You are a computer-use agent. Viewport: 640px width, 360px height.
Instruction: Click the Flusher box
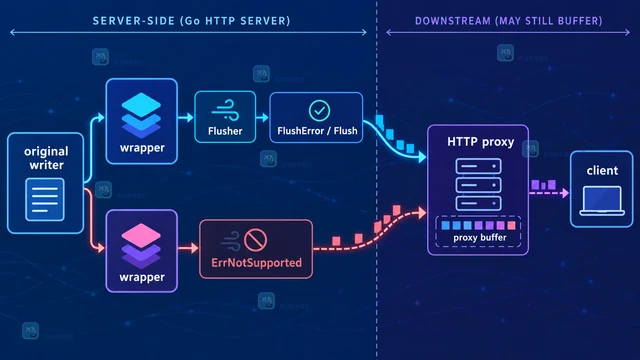click(225, 117)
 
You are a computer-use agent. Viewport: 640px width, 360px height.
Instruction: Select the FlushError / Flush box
click(316, 118)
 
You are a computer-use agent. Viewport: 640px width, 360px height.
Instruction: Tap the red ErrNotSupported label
click(256, 262)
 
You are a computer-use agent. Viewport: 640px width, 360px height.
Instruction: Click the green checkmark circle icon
click(319, 111)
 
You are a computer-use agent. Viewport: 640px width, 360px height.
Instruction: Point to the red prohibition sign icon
click(256, 240)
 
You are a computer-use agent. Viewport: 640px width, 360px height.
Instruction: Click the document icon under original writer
click(45, 200)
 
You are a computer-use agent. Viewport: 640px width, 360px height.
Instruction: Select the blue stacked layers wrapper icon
click(141, 116)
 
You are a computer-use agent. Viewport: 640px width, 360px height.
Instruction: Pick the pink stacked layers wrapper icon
click(141, 246)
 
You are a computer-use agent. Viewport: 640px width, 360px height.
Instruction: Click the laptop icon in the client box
click(602, 201)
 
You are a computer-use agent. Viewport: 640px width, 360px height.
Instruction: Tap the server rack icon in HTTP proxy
click(478, 185)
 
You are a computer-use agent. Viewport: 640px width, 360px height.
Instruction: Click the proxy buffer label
click(480, 238)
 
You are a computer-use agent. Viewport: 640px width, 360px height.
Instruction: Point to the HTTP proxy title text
click(480, 142)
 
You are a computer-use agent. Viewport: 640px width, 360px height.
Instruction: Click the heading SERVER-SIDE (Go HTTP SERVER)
click(191, 21)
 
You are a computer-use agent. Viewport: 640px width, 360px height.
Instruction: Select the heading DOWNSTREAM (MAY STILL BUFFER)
click(509, 21)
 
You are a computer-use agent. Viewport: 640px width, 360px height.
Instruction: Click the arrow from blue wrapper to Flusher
click(186, 118)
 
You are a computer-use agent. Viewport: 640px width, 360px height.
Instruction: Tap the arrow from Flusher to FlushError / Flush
click(262, 118)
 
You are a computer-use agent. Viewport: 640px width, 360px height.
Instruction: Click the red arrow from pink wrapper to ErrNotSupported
click(188, 248)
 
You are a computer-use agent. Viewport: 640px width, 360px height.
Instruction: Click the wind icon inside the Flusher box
click(225, 110)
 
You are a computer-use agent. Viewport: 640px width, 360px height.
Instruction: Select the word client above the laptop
click(602, 170)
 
